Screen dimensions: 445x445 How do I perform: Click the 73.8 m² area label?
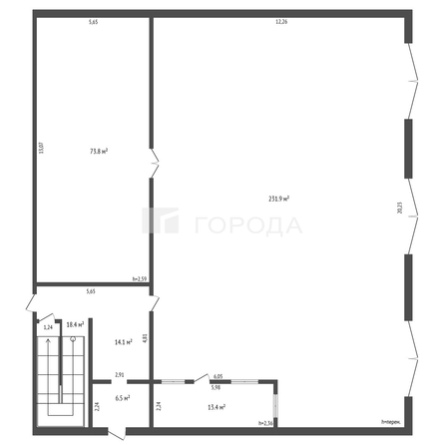click(99, 151)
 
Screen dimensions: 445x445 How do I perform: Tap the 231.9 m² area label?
click(279, 199)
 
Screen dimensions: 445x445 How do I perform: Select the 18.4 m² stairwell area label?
click(73, 325)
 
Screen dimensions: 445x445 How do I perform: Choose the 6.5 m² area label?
click(122, 397)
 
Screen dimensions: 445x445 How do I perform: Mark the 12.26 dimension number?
click(281, 21)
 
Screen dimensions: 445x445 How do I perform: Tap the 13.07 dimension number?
click(41, 150)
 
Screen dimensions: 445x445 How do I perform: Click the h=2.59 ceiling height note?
click(140, 278)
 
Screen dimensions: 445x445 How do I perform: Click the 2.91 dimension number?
click(120, 375)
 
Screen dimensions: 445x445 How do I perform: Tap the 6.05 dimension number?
click(217, 376)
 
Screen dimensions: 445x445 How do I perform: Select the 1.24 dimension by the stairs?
click(47, 326)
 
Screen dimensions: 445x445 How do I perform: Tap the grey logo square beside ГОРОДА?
click(160, 222)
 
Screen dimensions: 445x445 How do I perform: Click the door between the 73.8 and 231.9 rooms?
click(153, 160)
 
